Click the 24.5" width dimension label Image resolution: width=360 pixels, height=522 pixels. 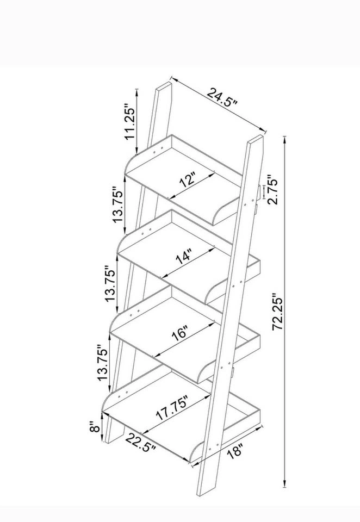[x=222, y=97]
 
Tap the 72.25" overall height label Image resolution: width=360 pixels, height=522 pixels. [x=278, y=312]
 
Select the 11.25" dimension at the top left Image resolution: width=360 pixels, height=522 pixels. [x=130, y=122]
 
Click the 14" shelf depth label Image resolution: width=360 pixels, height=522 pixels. [x=184, y=256]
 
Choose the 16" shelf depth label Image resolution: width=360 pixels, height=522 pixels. [x=180, y=333]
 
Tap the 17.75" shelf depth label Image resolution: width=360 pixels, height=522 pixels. [x=172, y=408]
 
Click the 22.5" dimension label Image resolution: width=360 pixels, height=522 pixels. [x=140, y=443]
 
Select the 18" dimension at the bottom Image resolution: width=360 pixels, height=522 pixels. [x=234, y=452]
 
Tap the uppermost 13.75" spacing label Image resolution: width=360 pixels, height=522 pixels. [x=118, y=204]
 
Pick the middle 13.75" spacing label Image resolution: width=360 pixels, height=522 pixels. [x=111, y=283]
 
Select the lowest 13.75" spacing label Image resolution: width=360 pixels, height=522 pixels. [x=103, y=363]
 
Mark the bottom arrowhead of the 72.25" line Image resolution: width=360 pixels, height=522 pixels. [x=285, y=483]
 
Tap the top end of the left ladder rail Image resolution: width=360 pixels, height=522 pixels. [x=164, y=86]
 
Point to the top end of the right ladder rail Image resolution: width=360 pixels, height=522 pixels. [x=255, y=139]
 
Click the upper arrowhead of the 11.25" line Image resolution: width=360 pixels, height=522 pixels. [x=136, y=93]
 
